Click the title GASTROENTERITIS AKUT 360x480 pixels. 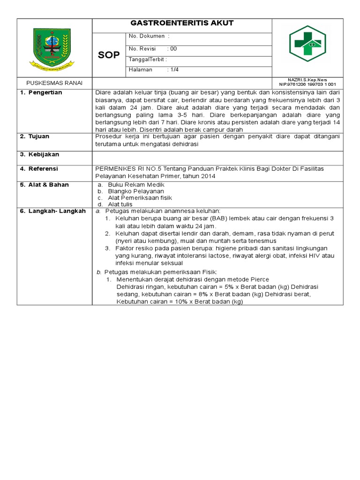pyautogui.click(x=182, y=23)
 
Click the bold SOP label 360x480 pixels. pyautogui.click(x=108, y=55)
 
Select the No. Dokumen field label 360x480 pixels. pyautogui.click(x=147, y=36)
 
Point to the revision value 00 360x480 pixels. pyautogui.click(x=173, y=49)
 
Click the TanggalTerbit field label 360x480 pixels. pyautogui.click(x=147, y=60)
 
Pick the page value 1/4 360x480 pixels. pyautogui.click(x=174, y=70)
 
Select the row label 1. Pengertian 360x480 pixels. pyautogui.click(x=41, y=93)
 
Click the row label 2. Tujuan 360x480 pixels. pyautogui.click(x=35, y=136)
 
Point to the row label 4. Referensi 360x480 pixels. pyautogui.click(x=39, y=169)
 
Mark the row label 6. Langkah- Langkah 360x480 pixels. pyautogui.click(x=52, y=211)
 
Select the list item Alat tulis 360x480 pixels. pyautogui.click(x=120, y=204)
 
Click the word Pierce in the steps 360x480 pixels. pyautogui.click(x=260, y=279)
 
